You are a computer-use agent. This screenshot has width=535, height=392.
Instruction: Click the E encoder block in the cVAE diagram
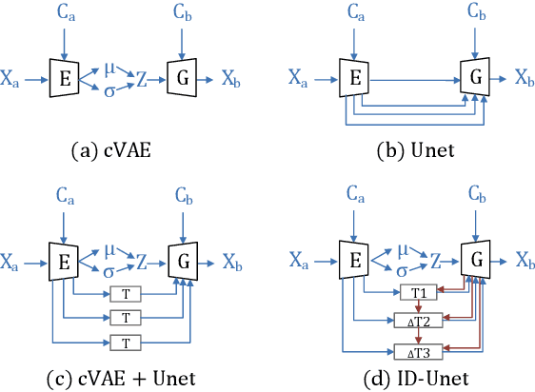tap(64, 78)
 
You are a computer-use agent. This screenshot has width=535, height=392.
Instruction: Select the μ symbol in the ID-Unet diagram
tap(405, 250)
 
